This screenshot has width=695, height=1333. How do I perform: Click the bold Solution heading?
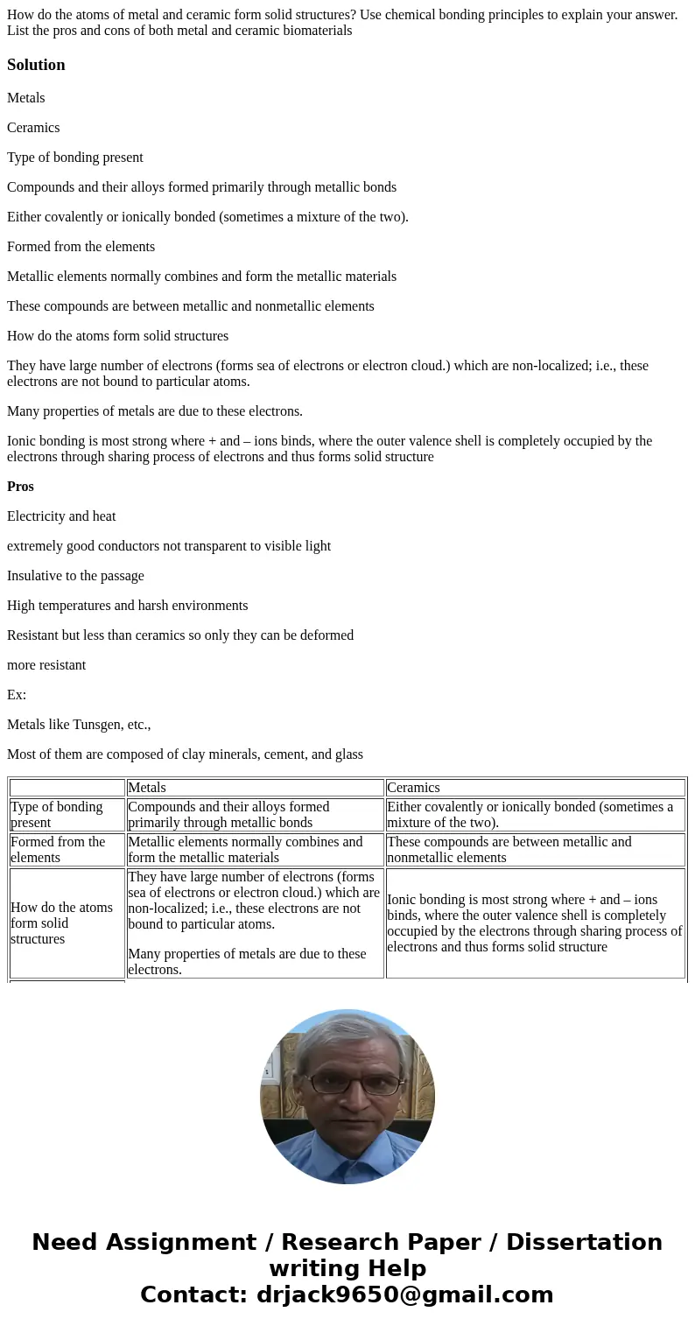coord(36,65)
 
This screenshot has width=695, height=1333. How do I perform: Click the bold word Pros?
coord(20,487)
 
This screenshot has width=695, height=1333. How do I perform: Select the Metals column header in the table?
coord(147,788)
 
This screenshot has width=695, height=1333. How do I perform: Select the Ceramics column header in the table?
coord(413,788)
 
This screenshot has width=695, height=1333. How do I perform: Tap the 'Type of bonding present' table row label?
coord(57,815)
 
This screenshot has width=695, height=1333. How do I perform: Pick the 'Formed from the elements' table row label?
coord(58,850)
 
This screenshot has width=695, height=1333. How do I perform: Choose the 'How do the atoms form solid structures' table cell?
coord(61,923)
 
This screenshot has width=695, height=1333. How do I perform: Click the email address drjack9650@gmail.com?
coord(404,1295)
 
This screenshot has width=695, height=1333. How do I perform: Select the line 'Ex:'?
coord(17,695)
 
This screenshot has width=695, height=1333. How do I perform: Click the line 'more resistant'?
coord(46,665)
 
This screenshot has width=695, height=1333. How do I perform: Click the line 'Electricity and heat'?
coord(61,516)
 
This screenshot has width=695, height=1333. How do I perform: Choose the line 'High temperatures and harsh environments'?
coord(127,606)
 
